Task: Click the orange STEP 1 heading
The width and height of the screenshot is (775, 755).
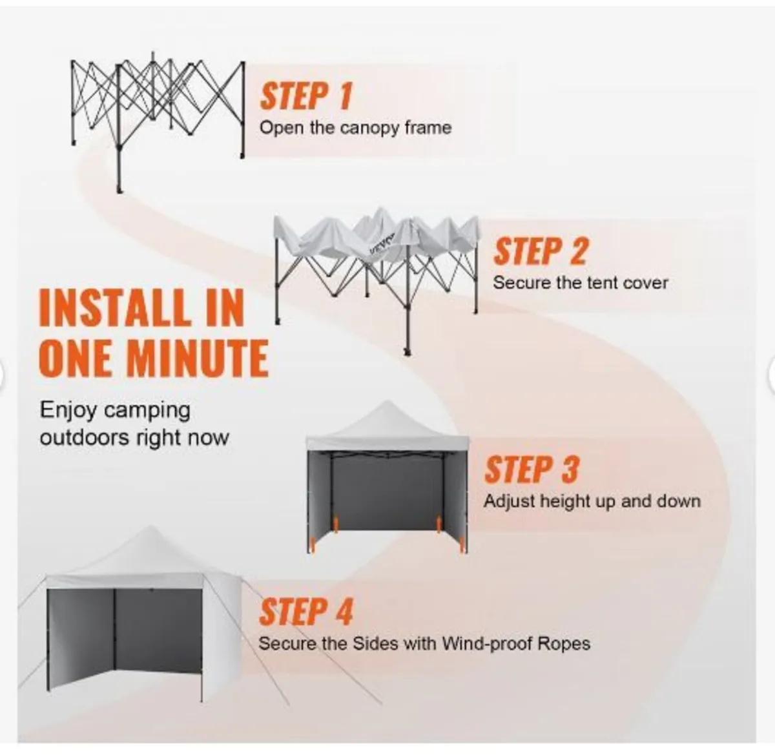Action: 306,96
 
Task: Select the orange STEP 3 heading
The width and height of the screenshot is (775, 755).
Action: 532,470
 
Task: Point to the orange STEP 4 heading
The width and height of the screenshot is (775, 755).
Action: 306,612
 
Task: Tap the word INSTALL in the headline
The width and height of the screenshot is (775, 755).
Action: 113,308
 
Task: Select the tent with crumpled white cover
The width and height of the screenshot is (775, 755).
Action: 377,281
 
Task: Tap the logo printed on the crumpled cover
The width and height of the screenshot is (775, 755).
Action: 382,243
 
